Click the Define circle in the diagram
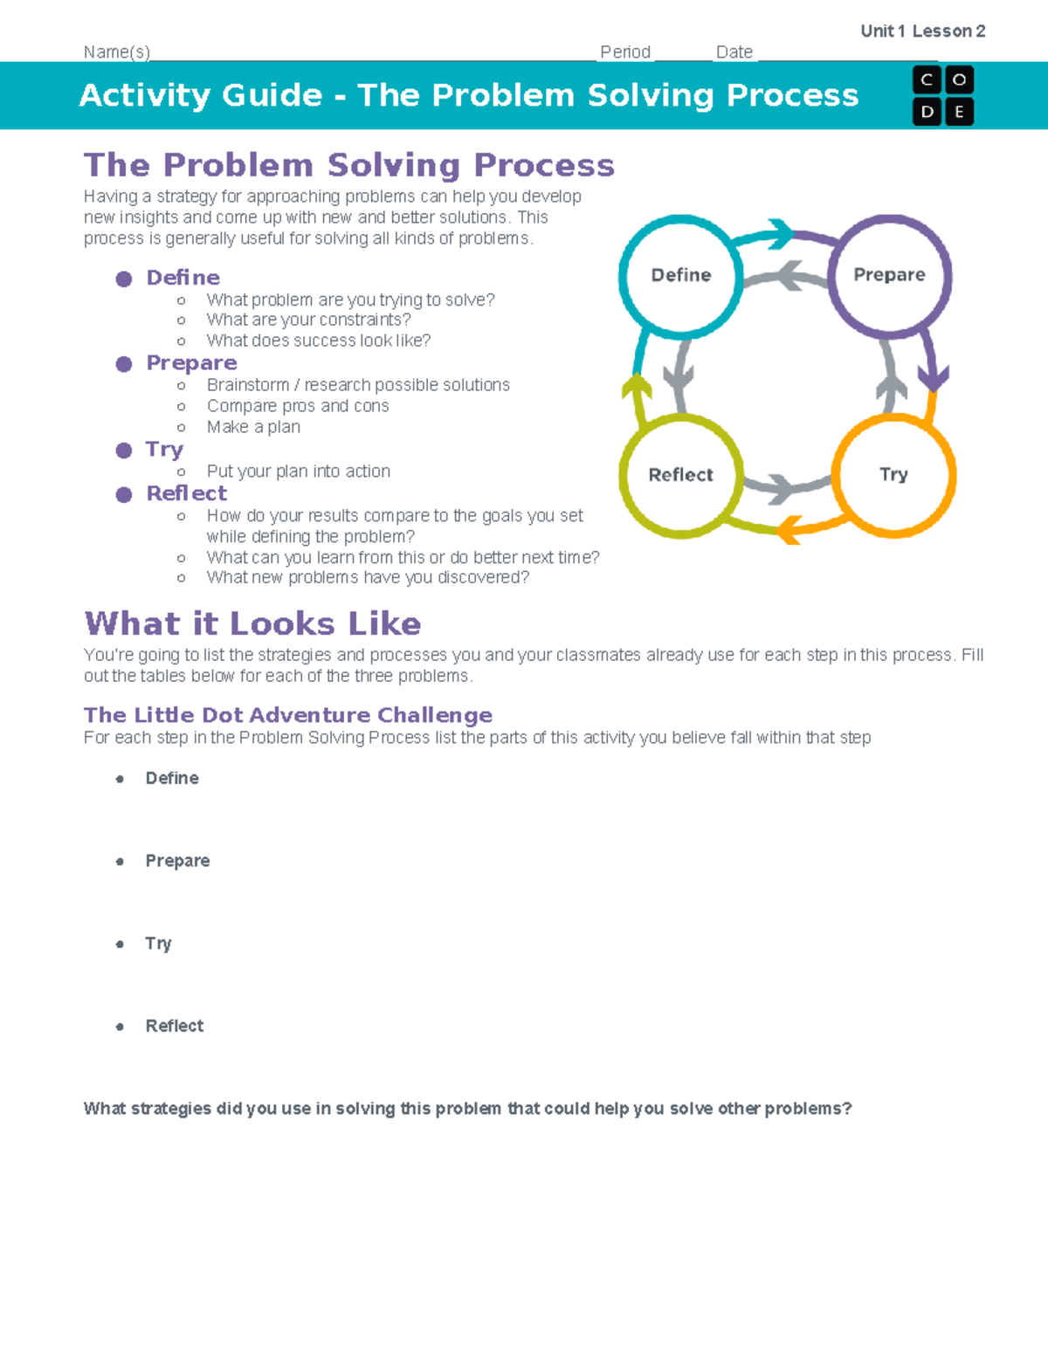(x=681, y=275)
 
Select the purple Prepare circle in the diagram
(x=889, y=275)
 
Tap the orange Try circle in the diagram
(x=893, y=474)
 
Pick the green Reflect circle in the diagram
(x=681, y=475)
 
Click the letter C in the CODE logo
(x=927, y=80)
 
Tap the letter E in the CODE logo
(x=959, y=112)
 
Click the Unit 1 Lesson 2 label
(x=922, y=31)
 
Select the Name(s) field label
(x=117, y=52)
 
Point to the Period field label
(x=625, y=52)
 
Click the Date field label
(x=734, y=52)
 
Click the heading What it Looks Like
(x=252, y=623)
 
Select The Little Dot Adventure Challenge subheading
(x=288, y=715)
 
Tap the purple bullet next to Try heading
(x=124, y=450)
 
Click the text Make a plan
(x=253, y=427)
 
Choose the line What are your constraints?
(x=308, y=320)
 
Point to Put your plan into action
(x=298, y=472)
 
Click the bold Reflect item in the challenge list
(x=174, y=1026)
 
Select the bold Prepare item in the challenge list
(x=177, y=861)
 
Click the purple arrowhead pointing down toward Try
(x=934, y=378)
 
